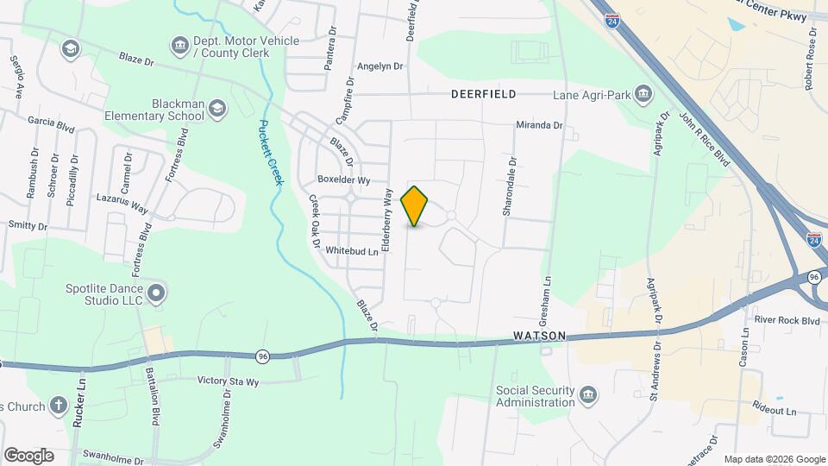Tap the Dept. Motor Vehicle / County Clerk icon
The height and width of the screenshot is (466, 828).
point(179,44)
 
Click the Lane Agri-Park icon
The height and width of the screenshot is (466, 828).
point(643,93)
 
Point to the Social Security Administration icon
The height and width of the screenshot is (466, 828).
point(588,395)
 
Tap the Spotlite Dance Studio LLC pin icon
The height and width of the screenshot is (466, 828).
point(156,293)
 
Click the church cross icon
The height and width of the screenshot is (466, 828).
point(59,405)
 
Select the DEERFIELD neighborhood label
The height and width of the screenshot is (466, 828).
point(483,93)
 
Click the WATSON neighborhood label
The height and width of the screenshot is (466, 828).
point(540,336)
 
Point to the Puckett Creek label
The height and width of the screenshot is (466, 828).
point(267,147)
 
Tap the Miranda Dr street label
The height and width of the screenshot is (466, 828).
point(539,125)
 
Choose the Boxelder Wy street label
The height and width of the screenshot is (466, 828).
point(343,180)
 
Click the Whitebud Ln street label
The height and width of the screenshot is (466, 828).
point(352,252)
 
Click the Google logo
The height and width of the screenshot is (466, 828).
point(28,455)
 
